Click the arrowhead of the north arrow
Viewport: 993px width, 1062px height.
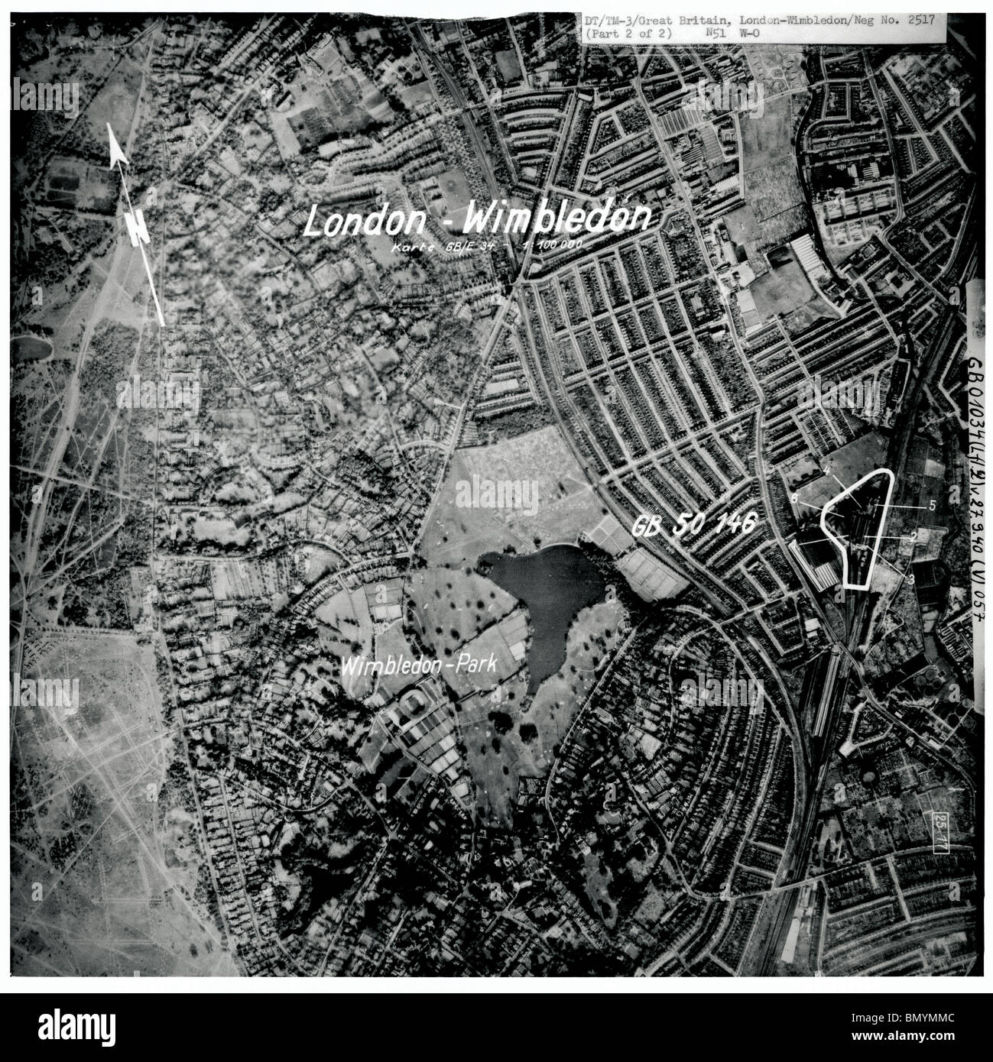116,148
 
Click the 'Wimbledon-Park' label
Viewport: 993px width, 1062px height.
420,665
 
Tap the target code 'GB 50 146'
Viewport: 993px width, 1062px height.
694,525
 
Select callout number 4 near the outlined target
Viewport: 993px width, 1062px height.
827,472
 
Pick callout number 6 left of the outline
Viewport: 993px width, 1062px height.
795,498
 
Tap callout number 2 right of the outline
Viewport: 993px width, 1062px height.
913,536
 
